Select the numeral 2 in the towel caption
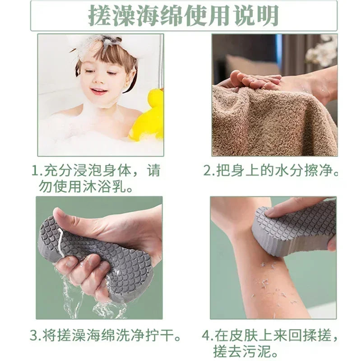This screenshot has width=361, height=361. coord(207,171)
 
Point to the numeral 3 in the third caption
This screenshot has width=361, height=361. coord(34,336)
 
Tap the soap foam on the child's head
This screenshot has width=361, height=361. coord(97,43)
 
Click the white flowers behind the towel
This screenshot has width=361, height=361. coord(323,52)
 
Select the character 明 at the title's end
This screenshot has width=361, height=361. coord(267,16)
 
